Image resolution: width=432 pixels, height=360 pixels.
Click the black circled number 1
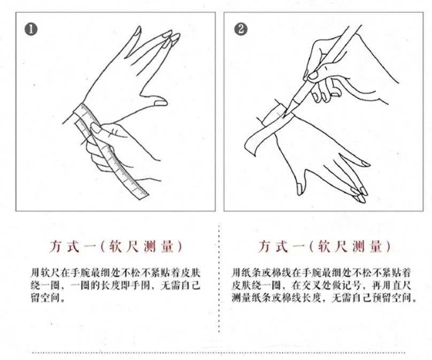coord(31,29)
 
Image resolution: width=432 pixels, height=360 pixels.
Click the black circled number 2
coord(241,29)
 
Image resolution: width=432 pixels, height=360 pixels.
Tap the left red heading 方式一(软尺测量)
coord(115,246)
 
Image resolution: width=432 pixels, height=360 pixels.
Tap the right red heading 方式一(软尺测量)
coord(325,246)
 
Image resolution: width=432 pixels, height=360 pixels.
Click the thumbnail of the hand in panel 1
coord(160,103)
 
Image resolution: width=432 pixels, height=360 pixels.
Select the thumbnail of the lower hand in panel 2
coord(299,190)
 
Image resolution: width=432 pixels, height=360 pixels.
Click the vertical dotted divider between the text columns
coord(219,278)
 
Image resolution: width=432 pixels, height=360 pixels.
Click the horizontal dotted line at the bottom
coord(219,353)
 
